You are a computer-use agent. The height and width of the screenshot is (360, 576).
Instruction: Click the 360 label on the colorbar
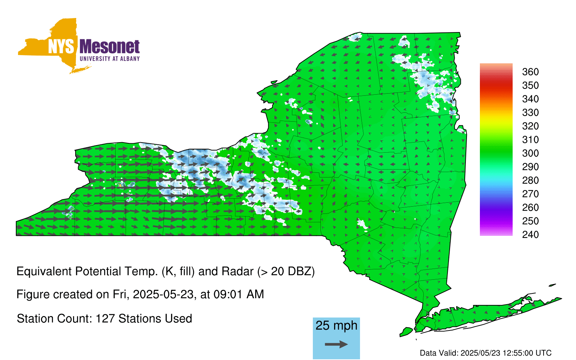tap(530, 72)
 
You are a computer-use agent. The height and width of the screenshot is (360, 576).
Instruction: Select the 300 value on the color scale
tap(530, 153)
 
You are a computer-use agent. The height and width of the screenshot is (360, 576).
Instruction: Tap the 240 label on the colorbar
tap(530, 234)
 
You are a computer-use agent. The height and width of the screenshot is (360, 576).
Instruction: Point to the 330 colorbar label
tap(530, 113)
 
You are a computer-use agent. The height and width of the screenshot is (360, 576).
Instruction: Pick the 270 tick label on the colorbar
tap(530, 194)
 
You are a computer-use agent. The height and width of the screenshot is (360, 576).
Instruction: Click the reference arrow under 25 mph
tap(336, 344)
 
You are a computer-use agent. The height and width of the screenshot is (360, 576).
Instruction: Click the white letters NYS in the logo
tap(61, 46)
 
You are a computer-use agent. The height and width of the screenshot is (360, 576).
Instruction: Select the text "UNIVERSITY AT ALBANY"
tap(110, 59)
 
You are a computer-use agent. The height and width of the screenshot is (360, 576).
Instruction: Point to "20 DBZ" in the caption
tap(291, 271)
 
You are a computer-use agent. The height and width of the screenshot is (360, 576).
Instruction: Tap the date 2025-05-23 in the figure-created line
tap(163, 294)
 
